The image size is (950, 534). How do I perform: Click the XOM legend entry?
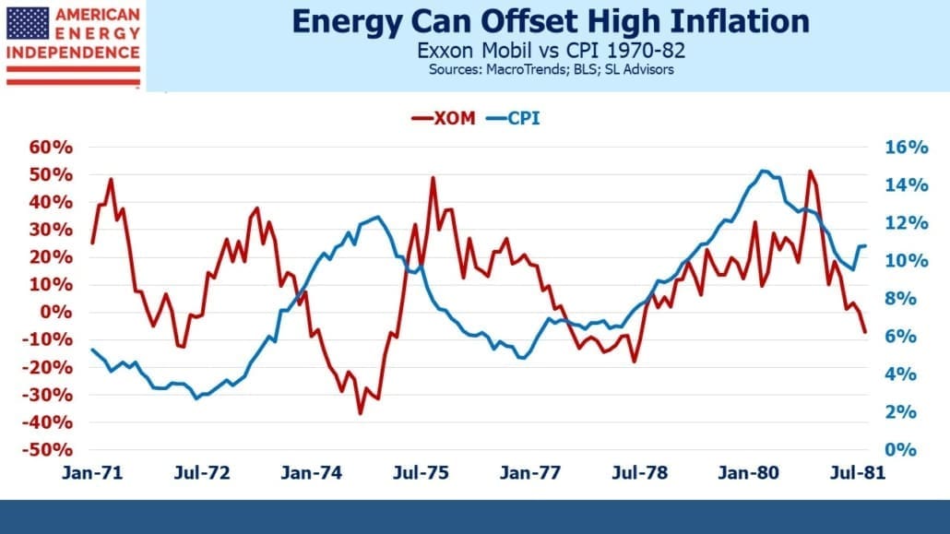(444, 117)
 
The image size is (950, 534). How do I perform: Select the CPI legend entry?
(513, 117)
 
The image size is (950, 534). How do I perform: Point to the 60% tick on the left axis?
(51, 148)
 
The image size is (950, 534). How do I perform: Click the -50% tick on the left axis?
(47, 450)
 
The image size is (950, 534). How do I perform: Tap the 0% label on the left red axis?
(55, 312)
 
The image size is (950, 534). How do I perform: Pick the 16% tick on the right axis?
(907, 148)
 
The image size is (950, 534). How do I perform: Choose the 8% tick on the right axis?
(900, 298)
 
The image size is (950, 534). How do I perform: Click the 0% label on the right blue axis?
(900, 450)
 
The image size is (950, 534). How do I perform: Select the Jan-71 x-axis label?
(92, 473)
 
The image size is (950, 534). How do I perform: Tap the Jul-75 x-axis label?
(421, 473)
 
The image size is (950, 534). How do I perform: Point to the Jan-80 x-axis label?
(748, 473)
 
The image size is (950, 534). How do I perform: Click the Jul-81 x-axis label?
(857, 473)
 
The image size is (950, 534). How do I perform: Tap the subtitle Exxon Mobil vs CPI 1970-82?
(551, 50)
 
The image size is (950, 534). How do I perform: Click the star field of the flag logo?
(28, 24)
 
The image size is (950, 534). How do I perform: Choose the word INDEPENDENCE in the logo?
(73, 53)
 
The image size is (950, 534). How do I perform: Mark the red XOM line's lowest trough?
(361, 413)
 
